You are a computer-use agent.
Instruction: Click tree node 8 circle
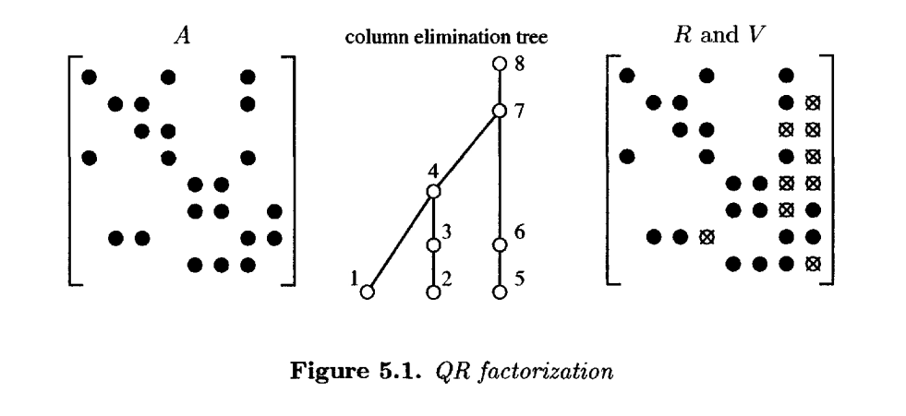[x=500, y=65]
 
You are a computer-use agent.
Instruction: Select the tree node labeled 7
[x=500, y=111]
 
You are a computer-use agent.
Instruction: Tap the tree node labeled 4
[x=433, y=192]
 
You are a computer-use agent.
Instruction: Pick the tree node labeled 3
[x=433, y=245]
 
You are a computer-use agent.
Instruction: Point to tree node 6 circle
[x=500, y=245]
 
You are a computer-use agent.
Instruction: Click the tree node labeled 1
[x=367, y=292]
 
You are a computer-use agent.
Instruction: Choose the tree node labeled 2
[x=433, y=292]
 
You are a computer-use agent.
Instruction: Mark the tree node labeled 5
[x=500, y=292]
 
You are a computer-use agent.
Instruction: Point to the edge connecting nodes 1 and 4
[x=400, y=242]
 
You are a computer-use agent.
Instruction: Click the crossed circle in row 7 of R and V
[x=707, y=237]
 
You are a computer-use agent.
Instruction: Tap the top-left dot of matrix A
[x=89, y=76]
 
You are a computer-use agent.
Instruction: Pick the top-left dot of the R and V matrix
[x=628, y=76]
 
